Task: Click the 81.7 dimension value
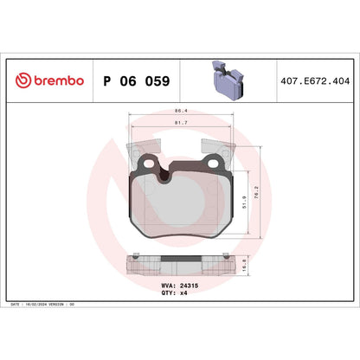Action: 180,122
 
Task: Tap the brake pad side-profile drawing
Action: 180,265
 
